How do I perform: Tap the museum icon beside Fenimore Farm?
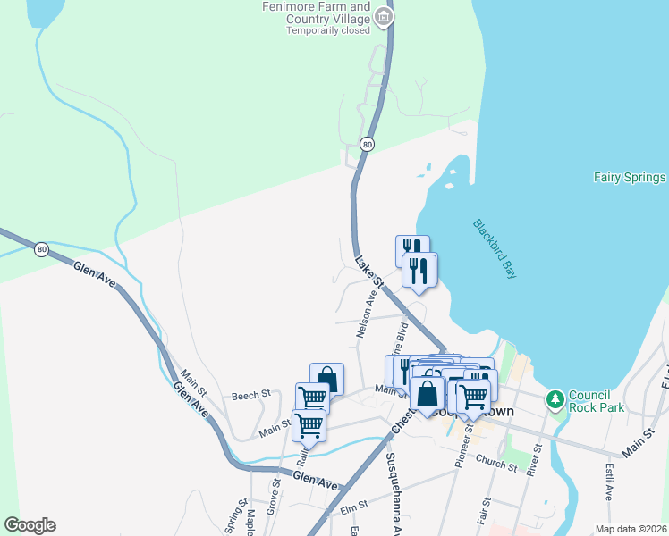[384, 16]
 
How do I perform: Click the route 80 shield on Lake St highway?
[367, 144]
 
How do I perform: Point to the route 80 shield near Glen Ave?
[41, 249]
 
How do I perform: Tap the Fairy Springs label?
[630, 178]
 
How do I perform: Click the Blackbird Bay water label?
[495, 249]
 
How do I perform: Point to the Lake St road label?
[368, 273]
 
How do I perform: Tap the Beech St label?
[250, 395]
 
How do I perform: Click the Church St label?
[497, 464]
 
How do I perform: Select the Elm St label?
[354, 508]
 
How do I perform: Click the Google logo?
[30, 525]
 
